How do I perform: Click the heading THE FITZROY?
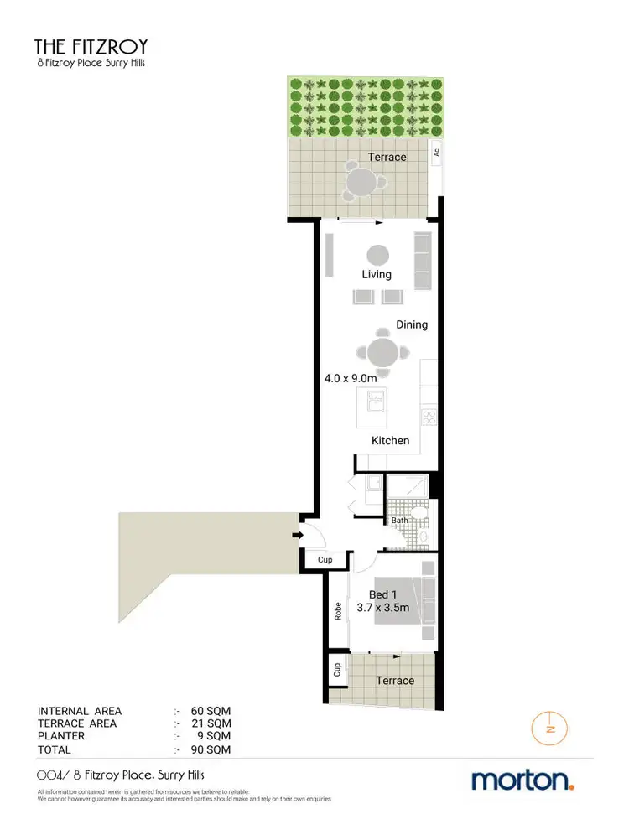pyautogui.click(x=90, y=47)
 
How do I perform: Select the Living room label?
pyautogui.click(x=377, y=274)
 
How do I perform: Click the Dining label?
pyautogui.click(x=411, y=324)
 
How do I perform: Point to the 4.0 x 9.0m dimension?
pyautogui.click(x=350, y=379)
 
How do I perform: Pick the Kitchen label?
pyautogui.click(x=391, y=440)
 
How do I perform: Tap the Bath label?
pyautogui.click(x=399, y=521)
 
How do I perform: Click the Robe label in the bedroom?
pyautogui.click(x=337, y=610)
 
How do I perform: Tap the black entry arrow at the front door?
pyautogui.click(x=297, y=535)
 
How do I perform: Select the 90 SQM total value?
pyautogui.click(x=211, y=749)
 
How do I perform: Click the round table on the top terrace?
pyautogui.click(x=362, y=181)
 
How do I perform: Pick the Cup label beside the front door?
pyautogui.click(x=325, y=560)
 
